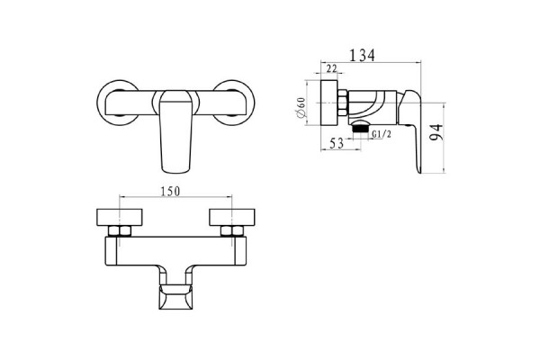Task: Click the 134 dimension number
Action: [362, 55]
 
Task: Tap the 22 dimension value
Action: [331, 68]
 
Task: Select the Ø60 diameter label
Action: [301, 108]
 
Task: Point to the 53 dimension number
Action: [337, 143]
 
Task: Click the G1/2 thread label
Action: [382, 134]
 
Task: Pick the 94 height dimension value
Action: [436, 132]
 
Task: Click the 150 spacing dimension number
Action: [170, 191]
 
